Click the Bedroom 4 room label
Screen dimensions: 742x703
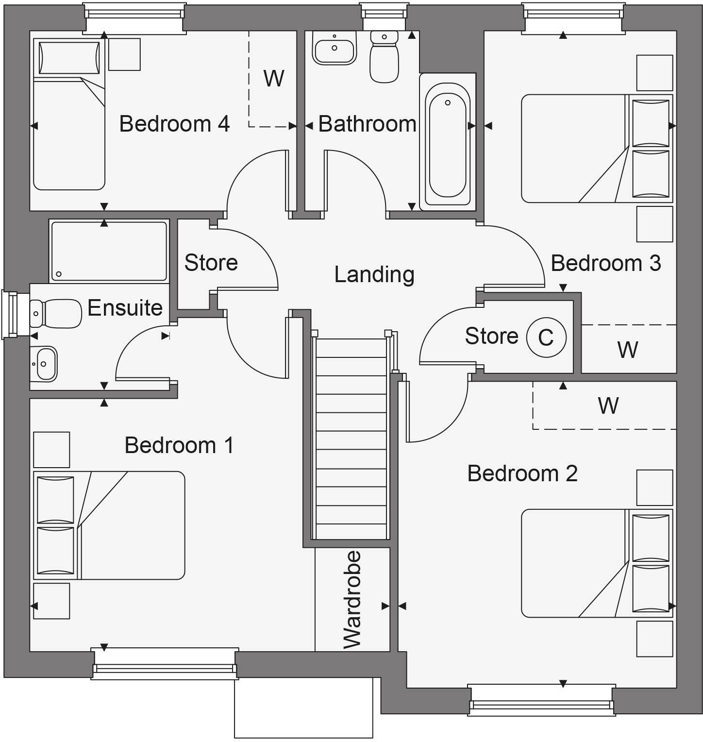(174, 124)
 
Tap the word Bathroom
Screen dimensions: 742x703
(367, 124)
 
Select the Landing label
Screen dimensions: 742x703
(374, 274)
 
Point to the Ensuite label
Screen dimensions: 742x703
(125, 308)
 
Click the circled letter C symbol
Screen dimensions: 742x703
(546, 337)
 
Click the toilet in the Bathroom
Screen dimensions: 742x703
(384, 57)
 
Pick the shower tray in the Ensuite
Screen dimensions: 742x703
(109, 251)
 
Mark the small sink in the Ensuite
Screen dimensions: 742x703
(44, 364)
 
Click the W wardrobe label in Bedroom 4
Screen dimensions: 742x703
(274, 78)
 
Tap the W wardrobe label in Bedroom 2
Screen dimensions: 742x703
(608, 405)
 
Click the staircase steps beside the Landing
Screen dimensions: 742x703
(351, 437)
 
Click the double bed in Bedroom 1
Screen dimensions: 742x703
(109, 525)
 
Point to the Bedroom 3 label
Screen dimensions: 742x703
(605, 263)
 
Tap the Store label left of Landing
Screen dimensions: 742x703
(211, 263)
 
